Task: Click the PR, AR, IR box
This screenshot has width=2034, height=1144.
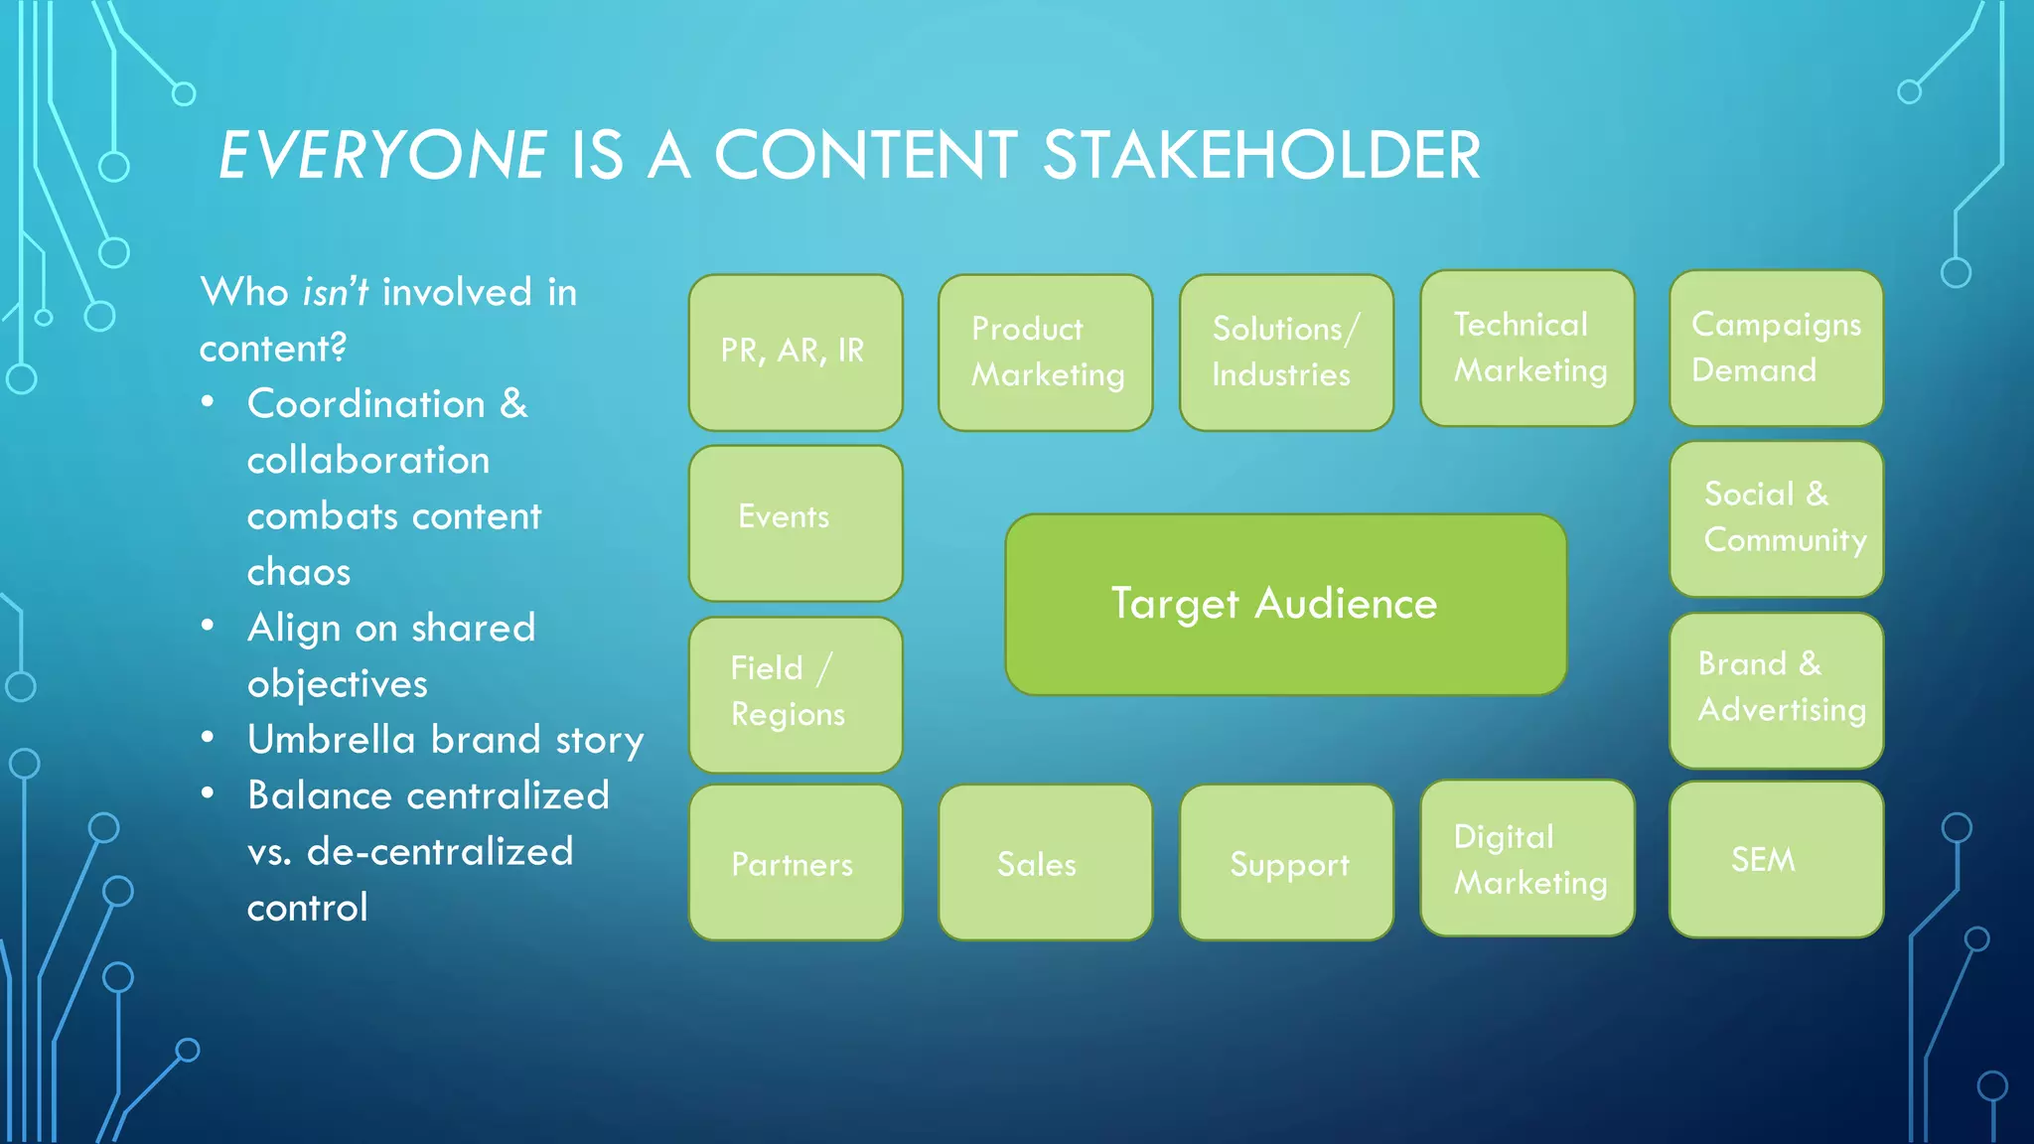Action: coord(796,353)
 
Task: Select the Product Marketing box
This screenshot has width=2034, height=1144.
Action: coord(1045,353)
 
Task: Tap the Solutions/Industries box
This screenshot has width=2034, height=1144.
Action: coord(1286,353)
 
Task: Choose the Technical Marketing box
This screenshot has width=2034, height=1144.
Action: coord(1527,349)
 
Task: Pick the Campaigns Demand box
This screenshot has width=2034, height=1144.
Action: coord(1776,349)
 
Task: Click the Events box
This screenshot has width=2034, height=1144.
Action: coord(796,522)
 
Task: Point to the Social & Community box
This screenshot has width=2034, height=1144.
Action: coord(1776,518)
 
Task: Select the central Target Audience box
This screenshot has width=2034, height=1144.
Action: coord(1285,604)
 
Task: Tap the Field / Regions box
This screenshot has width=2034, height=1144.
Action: coord(796,694)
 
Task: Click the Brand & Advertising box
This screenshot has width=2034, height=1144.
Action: coord(1776,689)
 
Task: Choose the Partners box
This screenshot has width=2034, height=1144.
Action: coord(796,862)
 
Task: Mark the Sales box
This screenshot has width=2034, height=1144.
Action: coord(1045,862)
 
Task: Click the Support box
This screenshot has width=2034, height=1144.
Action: coord(1286,862)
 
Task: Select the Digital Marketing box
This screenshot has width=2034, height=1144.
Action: coord(1527,858)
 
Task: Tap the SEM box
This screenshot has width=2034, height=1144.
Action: coord(1776,858)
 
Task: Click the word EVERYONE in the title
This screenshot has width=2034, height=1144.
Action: coord(382,156)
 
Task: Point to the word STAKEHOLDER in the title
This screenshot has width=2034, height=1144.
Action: coord(1261,156)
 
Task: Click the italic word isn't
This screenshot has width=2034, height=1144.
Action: coord(335,293)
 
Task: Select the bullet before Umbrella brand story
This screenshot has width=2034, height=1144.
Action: coord(208,738)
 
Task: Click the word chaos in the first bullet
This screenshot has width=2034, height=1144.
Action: coord(299,573)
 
